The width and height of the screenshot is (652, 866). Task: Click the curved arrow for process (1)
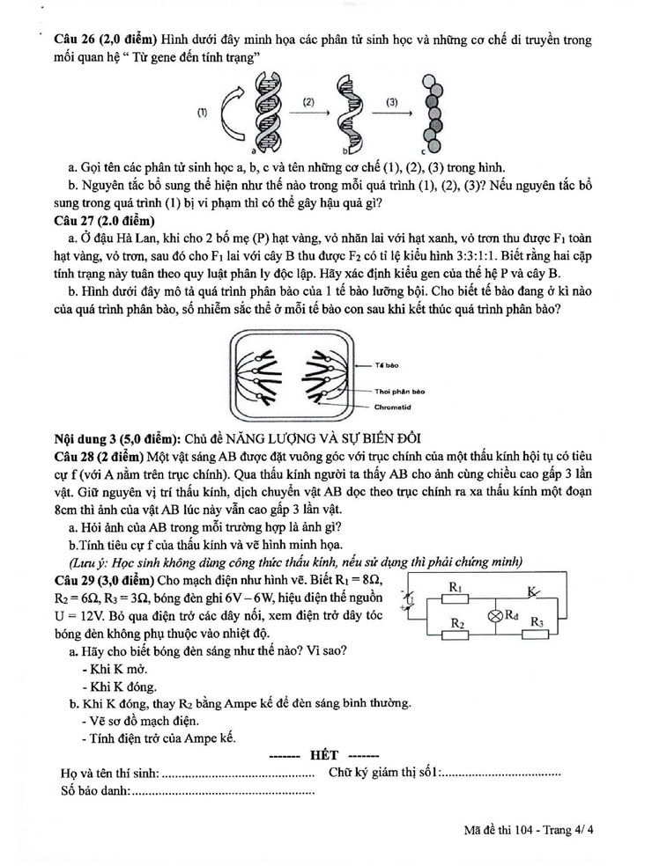click(x=228, y=111)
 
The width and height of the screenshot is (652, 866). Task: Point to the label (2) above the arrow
click(x=308, y=102)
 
